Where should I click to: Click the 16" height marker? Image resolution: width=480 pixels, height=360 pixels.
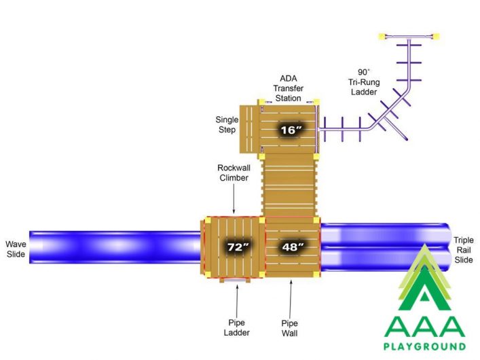click(291, 130)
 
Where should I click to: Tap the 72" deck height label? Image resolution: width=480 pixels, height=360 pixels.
click(238, 247)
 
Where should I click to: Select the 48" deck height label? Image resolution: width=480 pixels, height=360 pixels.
click(293, 247)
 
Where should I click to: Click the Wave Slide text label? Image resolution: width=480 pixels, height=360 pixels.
click(16, 249)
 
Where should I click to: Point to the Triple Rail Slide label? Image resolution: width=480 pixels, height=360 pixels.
click(464, 250)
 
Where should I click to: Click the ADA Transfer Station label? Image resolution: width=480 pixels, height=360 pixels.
click(288, 88)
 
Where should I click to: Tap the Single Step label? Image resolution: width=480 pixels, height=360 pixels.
click(227, 124)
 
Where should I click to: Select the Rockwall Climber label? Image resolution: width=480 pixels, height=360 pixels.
click(234, 173)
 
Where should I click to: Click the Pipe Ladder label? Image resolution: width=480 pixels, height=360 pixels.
click(237, 327)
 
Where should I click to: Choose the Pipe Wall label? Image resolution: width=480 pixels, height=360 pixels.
click(290, 328)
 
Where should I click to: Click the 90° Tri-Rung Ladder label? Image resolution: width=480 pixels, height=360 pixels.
click(364, 82)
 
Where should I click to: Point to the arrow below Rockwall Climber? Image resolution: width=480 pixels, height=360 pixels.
click(234, 198)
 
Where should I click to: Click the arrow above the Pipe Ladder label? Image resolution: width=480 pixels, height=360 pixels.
click(237, 300)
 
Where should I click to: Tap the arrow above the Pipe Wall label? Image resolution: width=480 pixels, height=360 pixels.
click(291, 298)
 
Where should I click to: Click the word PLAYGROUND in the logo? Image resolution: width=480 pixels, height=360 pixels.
click(424, 346)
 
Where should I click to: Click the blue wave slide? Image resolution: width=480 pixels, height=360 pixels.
click(115, 247)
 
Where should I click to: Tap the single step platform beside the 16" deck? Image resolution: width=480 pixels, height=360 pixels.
click(249, 129)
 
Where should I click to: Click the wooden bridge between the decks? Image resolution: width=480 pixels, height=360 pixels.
click(289, 185)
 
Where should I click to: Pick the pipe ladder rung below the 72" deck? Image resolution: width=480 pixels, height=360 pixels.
click(235, 280)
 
